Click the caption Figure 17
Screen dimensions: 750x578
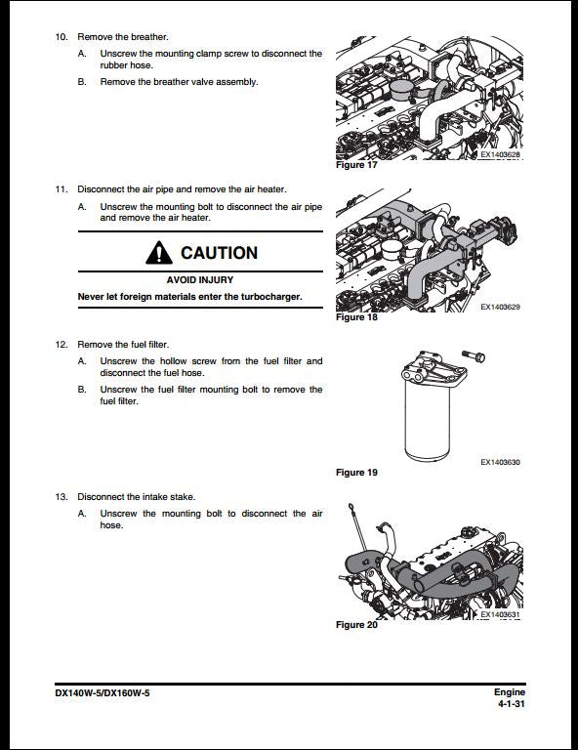pyautogui.click(x=356, y=165)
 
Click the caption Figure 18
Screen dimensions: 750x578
pyautogui.click(x=356, y=317)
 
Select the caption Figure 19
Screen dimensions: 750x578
pyautogui.click(x=356, y=473)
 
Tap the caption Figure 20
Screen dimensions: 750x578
pyautogui.click(x=356, y=625)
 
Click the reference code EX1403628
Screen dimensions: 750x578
pyautogui.click(x=500, y=154)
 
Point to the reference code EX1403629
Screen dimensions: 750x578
pyautogui.click(x=500, y=308)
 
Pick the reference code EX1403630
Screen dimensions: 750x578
pyautogui.click(x=500, y=462)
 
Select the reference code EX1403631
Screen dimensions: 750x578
pyautogui.click(x=500, y=614)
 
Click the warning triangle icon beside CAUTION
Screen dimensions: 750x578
pyautogui.click(x=158, y=253)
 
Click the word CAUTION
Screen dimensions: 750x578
pyautogui.click(x=219, y=253)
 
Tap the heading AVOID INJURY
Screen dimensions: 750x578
pyautogui.click(x=199, y=280)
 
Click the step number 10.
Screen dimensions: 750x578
pyautogui.click(x=61, y=36)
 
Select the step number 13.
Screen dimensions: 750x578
pyautogui.click(x=61, y=496)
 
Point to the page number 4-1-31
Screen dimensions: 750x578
pyautogui.click(x=511, y=703)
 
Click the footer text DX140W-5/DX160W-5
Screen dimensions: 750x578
pyautogui.click(x=103, y=692)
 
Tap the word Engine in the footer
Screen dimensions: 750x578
pyautogui.click(x=509, y=692)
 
